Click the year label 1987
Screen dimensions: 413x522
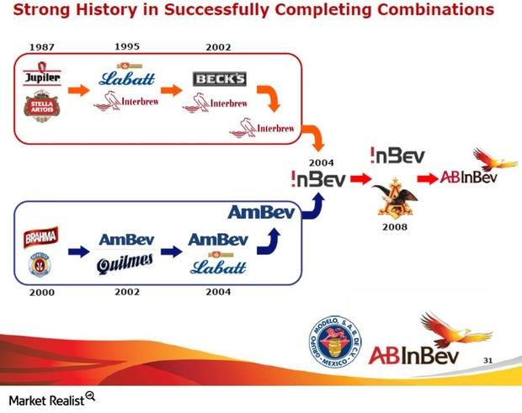pyautogui.click(x=41, y=48)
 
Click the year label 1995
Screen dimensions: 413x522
pyautogui.click(x=126, y=48)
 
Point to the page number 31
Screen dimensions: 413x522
pyautogui.click(x=487, y=360)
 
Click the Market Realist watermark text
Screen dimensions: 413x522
pyautogui.click(x=46, y=398)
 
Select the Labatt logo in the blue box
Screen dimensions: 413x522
pyautogui.click(x=217, y=265)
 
